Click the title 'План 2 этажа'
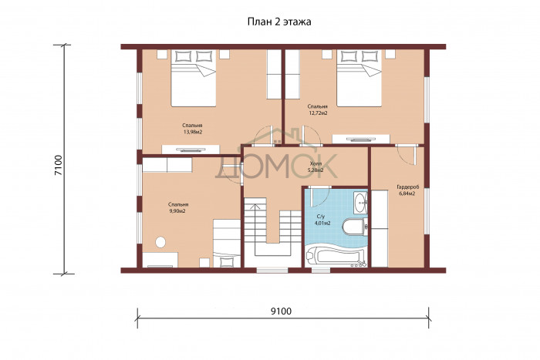[279, 22]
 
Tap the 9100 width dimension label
[281, 311]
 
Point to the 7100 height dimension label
[58, 165]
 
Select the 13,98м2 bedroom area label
[193, 132]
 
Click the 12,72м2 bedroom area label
[318, 113]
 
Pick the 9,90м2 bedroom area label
[177, 211]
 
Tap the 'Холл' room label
[315, 163]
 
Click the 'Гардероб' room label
[408, 187]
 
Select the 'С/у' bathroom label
[321, 217]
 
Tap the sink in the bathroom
[360, 202]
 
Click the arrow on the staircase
[255, 220]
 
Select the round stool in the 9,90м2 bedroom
[160, 242]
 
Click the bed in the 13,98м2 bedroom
[193, 78]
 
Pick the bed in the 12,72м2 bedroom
[359, 78]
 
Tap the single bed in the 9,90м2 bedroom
[227, 243]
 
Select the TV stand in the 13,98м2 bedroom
[191, 150]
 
